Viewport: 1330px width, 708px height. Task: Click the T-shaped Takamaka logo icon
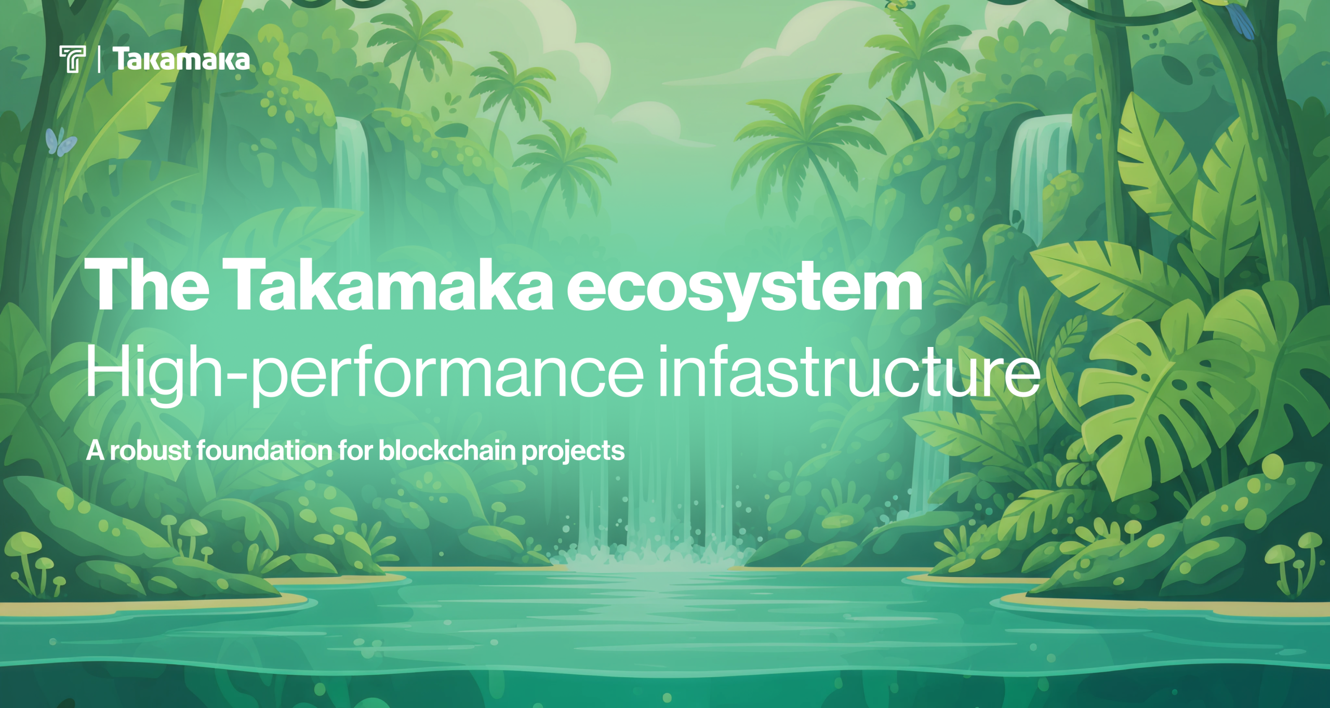pyautogui.click(x=72, y=59)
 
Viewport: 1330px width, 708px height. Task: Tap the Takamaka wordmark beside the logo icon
pyautogui.click(x=181, y=59)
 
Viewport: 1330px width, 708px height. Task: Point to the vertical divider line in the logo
pyautogui.click(x=99, y=59)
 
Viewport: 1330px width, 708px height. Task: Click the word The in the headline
pyautogui.click(x=147, y=285)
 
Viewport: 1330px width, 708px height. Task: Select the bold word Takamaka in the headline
pyautogui.click(x=387, y=285)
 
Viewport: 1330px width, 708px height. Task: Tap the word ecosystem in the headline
pyautogui.click(x=744, y=288)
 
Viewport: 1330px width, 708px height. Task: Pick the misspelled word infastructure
pyautogui.click(x=848, y=371)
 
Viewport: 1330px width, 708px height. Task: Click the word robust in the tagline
pyautogui.click(x=150, y=450)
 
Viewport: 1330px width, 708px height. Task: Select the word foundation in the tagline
pyautogui.click(x=264, y=450)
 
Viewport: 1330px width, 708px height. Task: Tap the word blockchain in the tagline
pyautogui.click(x=447, y=450)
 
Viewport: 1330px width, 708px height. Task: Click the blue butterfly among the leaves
pyautogui.click(x=60, y=142)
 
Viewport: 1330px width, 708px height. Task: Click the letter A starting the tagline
pyautogui.click(x=95, y=450)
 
